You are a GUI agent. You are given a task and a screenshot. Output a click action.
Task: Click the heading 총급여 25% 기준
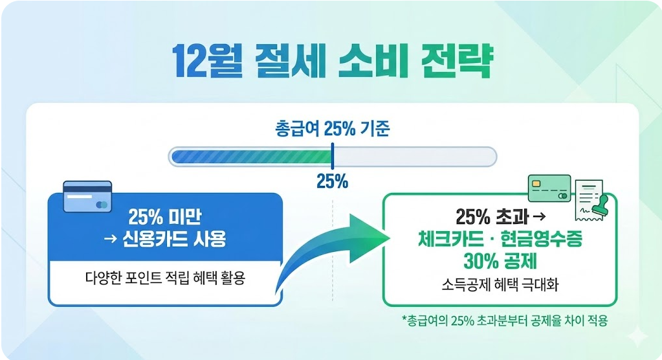click(332, 129)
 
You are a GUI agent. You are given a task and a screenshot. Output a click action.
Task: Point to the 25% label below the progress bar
click(332, 182)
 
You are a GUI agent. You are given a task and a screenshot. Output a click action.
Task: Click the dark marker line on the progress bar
click(332, 157)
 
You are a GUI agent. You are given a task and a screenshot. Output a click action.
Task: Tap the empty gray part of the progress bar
click(414, 157)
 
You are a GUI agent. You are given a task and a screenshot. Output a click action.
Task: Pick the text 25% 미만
click(165, 216)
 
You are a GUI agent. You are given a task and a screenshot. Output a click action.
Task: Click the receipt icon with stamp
click(591, 200)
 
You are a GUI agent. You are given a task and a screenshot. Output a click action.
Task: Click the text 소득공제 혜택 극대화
click(500, 284)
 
